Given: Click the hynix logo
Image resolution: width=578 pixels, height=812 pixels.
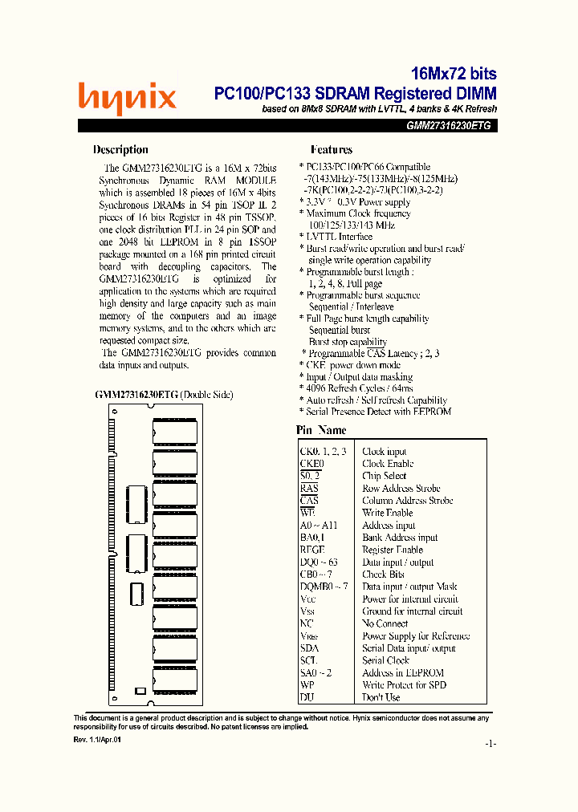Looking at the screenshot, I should pos(127,99).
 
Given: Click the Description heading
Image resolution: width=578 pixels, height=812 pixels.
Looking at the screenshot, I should pos(120,149).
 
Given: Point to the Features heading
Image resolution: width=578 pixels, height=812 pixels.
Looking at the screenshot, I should pos(331,149).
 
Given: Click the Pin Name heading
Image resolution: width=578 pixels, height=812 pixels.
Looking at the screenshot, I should pos(321,431).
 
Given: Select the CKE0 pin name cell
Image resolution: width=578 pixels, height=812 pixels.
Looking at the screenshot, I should pos(311,464).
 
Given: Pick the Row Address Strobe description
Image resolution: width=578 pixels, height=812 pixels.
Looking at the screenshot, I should pos(401,489).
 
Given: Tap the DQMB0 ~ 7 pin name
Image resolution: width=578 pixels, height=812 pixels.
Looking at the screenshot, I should pos(324,587).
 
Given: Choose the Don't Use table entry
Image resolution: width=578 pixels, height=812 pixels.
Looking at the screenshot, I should pos(381,697).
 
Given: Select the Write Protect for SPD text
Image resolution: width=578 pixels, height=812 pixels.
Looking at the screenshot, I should pos(404,685).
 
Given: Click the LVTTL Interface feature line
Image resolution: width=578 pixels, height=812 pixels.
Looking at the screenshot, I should pos(338,237).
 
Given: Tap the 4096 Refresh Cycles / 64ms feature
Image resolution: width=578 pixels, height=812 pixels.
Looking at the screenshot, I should pos(359,388).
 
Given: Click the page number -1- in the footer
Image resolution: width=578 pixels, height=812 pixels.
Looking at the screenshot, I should pos(490,744).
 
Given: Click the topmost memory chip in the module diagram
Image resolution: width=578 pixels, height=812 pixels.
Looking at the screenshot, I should pos(174,432).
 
